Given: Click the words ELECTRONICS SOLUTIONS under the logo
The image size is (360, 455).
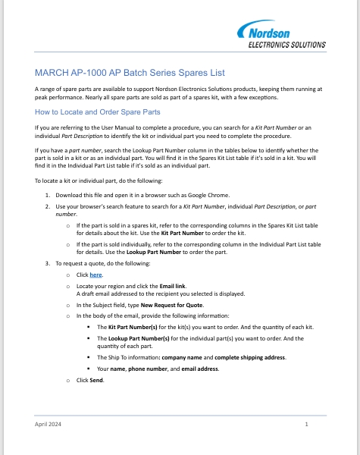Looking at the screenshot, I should [x=288, y=45].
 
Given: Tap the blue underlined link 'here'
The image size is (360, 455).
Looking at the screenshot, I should [x=95, y=273].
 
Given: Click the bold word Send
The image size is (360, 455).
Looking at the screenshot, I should [x=96, y=379].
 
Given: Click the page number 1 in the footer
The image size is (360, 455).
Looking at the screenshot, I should [x=306, y=424].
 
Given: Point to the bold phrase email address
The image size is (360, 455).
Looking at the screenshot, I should [x=199, y=369].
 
